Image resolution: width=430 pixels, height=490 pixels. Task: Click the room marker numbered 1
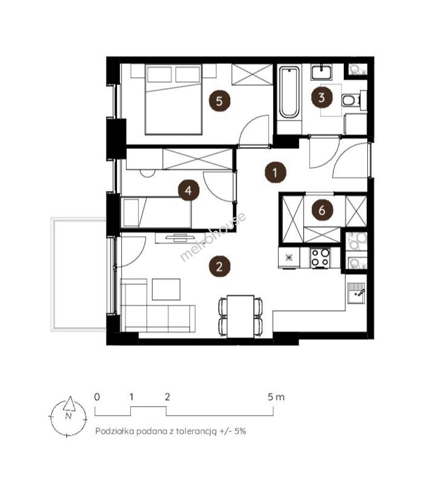[x=275, y=172]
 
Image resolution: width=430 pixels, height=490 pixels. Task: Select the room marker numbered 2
[x=219, y=267]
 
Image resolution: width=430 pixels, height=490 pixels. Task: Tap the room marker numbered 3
[x=322, y=98]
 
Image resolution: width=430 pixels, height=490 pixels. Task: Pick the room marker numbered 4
[x=188, y=190]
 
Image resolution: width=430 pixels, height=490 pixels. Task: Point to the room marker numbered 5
[x=219, y=101]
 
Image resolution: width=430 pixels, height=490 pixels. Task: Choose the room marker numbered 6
[x=322, y=211]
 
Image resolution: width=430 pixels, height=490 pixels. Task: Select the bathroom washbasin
[x=321, y=72]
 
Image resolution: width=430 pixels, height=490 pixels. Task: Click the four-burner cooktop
[x=320, y=258]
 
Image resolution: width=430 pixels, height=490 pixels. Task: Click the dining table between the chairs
[x=241, y=316]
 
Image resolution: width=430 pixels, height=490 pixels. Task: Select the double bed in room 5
[x=173, y=99]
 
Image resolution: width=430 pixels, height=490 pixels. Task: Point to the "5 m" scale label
[x=276, y=397]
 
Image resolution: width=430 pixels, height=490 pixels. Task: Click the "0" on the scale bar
[x=97, y=397]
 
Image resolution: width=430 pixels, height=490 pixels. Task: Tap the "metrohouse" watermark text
[x=213, y=237]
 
